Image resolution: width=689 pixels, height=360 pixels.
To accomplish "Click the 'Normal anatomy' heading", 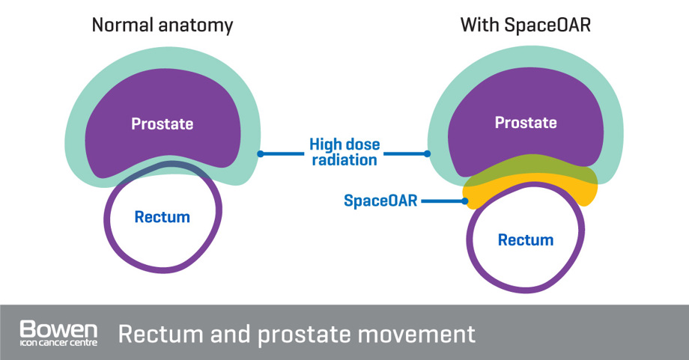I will point(162,25).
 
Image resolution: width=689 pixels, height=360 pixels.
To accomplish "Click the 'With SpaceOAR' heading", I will point(525,25).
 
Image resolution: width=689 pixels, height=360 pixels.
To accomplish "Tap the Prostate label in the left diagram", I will point(162,123).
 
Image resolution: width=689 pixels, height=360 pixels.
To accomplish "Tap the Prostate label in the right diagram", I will point(526,122).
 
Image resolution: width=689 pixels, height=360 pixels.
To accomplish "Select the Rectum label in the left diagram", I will point(162,217).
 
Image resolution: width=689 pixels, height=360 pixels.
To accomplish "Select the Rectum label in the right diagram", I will point(526,240).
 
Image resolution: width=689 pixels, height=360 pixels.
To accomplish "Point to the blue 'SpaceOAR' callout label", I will point(380,201).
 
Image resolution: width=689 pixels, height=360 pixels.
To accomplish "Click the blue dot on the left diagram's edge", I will point(260,154).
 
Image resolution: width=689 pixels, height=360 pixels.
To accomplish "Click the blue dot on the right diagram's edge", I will point(428,154).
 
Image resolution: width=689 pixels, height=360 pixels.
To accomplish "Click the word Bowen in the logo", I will point(58,328).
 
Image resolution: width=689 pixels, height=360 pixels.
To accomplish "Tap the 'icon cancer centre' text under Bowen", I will point(58,344).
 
